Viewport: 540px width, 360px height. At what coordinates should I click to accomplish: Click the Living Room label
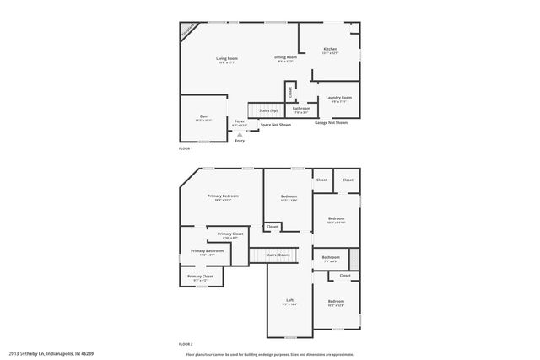pyautogui.click(x=227, y=58)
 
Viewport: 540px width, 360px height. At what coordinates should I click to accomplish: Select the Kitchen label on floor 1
pyautogui.click(x=331, y=50)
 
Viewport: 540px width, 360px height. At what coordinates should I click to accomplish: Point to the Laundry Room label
pyautogui.click(x=338, y=98)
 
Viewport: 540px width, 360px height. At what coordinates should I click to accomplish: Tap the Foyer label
pyautogui.click(x=240, y=121)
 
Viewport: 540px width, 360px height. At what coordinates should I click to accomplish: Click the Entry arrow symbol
pyautogui.click(x=240, y=133)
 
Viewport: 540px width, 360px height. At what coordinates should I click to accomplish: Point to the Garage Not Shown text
pyautogui.click(x=331, y=122)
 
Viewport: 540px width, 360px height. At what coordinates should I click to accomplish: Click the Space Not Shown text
pyautogui.click(x=275, y=125)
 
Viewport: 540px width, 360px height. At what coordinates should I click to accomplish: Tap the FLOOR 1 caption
pyautogui.click(x=186, y=148)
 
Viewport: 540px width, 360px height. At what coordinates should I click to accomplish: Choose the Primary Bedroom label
pyautogui.click(x=223, y=196)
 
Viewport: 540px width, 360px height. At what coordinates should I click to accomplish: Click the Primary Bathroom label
pyautogui.click(x=207, y=250)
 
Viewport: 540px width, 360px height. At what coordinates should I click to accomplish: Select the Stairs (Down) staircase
pyautogui.click(x=278, y=254)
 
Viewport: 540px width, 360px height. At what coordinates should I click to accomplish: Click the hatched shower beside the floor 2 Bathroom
pyautogui.click(x=354, y=259)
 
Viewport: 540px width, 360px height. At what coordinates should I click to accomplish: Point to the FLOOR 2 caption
pyautogui.click(x=186, y=344)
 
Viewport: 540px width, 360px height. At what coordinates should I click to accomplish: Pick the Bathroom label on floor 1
pyautogui.click(x=300, y=108)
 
